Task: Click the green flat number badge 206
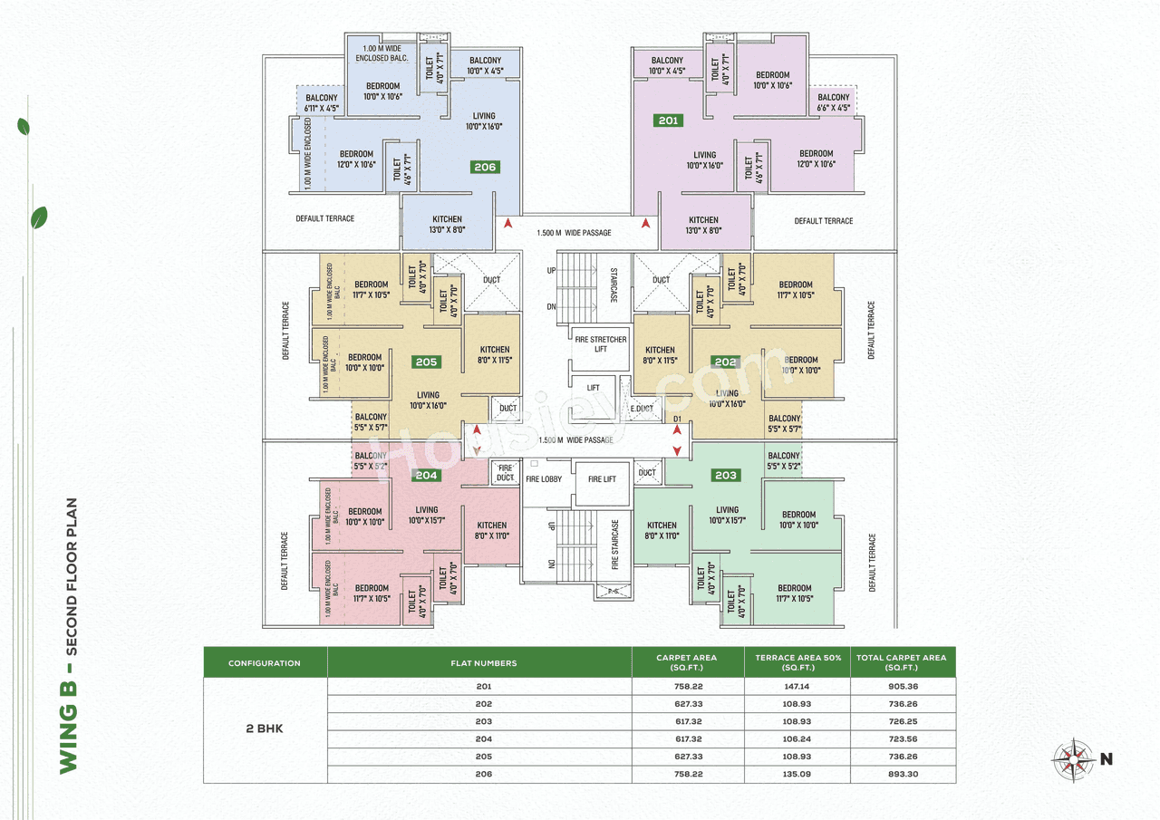tap(485, 167)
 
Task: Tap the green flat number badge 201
tap(668, 120)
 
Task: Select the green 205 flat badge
tap(426, 362)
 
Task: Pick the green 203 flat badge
tap(726, 475)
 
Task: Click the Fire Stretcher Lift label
tap(601, 344)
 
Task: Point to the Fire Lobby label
tap(544, 479)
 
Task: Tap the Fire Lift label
tap(602, 479)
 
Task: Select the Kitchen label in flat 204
tap(492, 530)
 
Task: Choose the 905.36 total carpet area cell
tap(903, 687)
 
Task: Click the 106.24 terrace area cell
tap(797, 738)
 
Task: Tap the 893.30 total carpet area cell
tap(903, 775)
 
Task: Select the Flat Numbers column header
tap(483, 663)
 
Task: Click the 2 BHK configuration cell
tap(265, 728)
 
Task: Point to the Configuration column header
tap(265, 663)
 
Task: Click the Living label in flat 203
tap(727, 515)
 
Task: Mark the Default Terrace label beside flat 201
tap(824, 221)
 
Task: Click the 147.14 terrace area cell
tap(797, 687)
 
